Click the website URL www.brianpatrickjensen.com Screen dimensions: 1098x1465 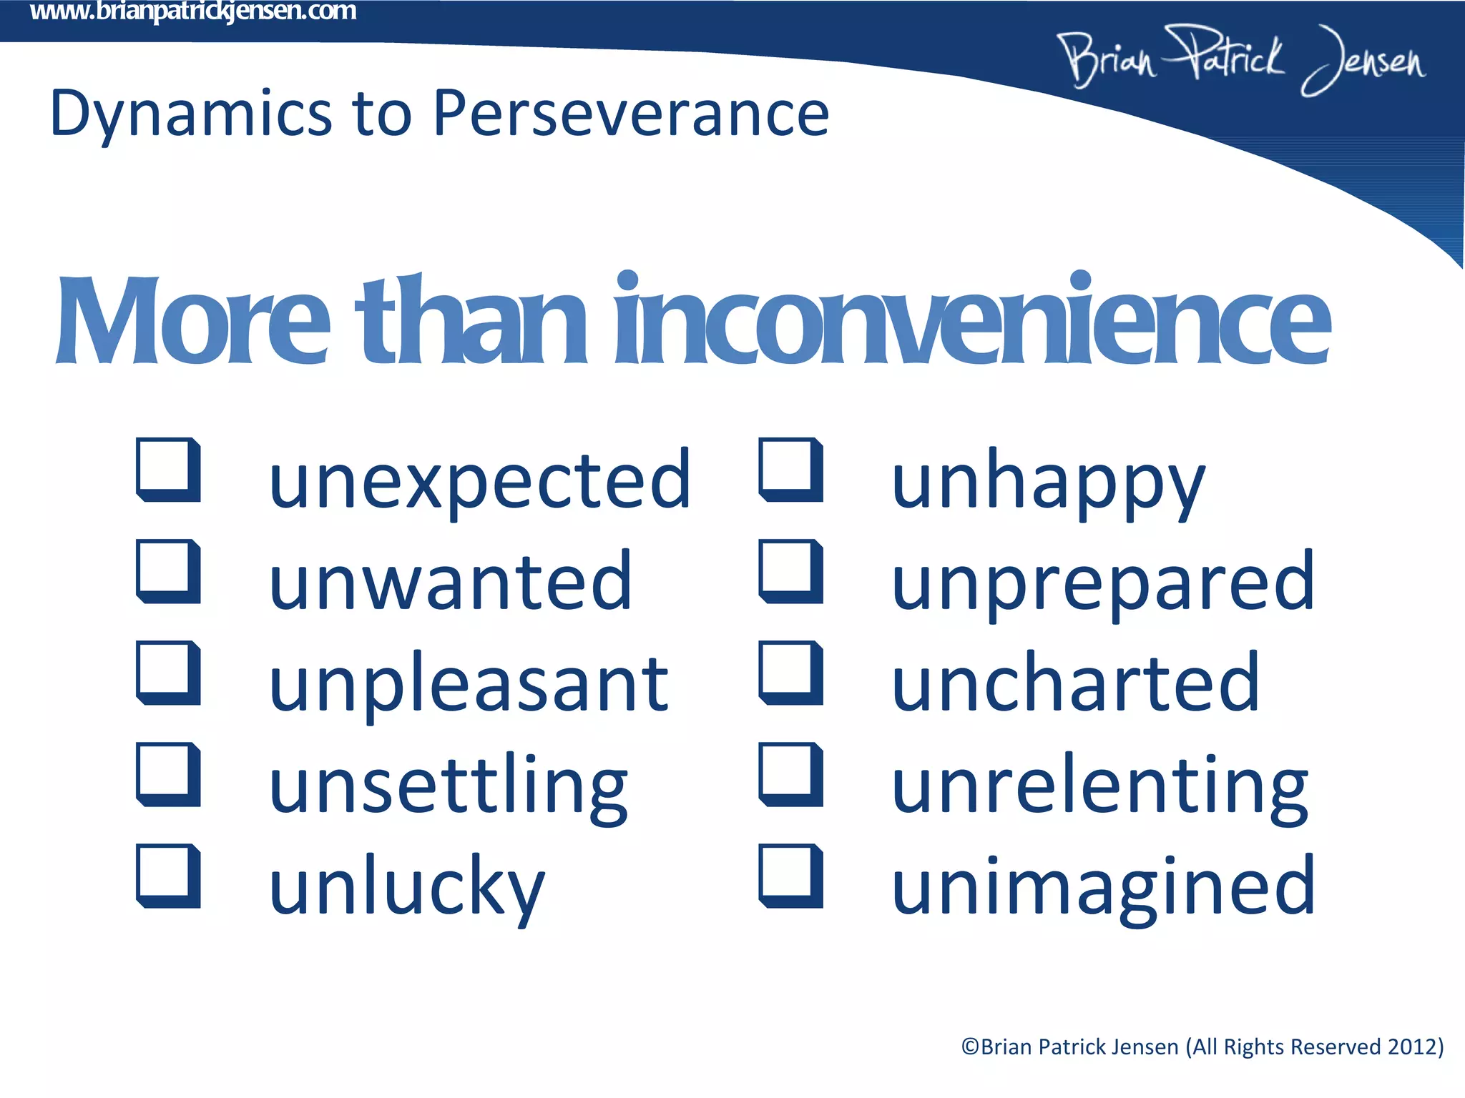click(x=193, y=11)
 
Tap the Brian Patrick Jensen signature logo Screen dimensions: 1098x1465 click(x=1241, y=60)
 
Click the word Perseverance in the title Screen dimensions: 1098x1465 click(x=631, y=114)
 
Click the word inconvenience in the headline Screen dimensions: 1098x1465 click(x=972, y=322)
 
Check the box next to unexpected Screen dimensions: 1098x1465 click(x=167, y=470)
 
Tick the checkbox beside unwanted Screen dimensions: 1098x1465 click(x=167, y=571)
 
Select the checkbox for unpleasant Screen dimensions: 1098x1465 click(x=167, y=673)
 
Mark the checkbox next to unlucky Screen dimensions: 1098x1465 click(x=167, y=876)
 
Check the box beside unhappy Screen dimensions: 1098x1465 click(x=790, y=470)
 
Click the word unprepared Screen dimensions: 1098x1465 click(x=1102, y=583)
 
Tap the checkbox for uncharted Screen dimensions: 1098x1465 click(x=790, y=673)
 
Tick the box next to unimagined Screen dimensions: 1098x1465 click(x=790, y=876)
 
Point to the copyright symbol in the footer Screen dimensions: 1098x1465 click(x=970, y=1047)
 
